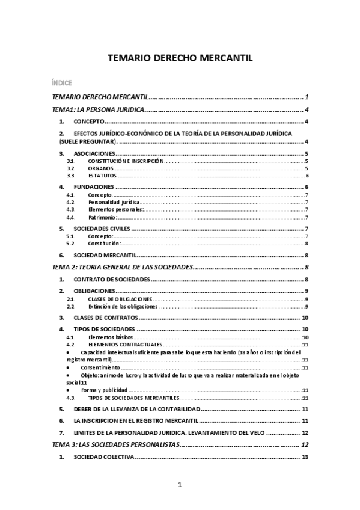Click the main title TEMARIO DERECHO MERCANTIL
pos(180,58)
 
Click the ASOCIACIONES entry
pos(99,154)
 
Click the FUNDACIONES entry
pos(96,188)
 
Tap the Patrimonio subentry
pos(102,217)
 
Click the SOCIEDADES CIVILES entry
pos(102,229)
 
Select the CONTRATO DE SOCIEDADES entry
pos(111,280)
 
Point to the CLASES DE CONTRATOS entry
pos(106,318)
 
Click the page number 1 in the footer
pos(180,485)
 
